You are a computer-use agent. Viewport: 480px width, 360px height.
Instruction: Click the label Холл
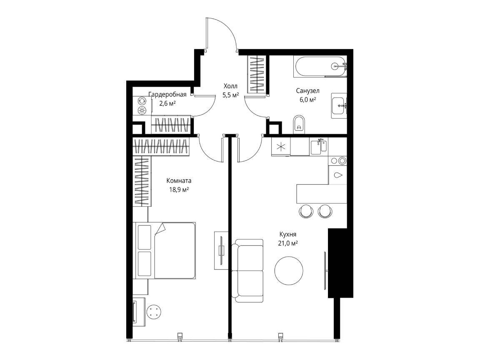(230, 86)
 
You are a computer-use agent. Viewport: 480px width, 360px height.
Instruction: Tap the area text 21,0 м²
(288, 243)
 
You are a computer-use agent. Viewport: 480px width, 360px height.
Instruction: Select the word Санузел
(307, 90)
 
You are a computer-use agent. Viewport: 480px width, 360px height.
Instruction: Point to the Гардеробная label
(167, 94)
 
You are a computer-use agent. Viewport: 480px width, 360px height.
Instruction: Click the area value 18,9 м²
(179, 190)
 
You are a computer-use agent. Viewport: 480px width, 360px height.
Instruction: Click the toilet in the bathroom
(299, 125)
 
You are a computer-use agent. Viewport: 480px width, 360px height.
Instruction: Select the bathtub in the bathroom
(320, 66)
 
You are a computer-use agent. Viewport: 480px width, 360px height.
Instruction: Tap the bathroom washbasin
(339, 106)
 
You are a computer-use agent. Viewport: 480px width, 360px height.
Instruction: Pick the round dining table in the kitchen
(289, 270)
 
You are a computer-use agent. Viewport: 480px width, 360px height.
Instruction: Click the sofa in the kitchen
(247, 270)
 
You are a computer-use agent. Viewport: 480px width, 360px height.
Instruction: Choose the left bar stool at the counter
(306, 211)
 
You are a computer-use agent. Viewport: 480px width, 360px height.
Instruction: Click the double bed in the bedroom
(165, 250)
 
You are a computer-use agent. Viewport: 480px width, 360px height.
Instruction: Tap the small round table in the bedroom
(154, 312)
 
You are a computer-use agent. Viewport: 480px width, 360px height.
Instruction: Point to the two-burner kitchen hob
(338, 161)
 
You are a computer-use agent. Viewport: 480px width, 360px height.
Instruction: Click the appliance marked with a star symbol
(281, 146)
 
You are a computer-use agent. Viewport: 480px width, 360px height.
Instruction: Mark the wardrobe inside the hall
(257, 74)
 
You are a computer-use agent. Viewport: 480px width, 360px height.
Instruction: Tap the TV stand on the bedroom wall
(221, 250)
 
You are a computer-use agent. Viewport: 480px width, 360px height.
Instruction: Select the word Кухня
(288, 235)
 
